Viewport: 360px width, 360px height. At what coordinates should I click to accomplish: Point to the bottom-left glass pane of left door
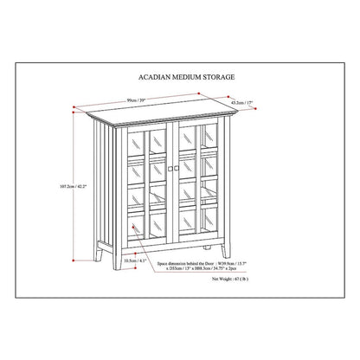pos(137,223)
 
